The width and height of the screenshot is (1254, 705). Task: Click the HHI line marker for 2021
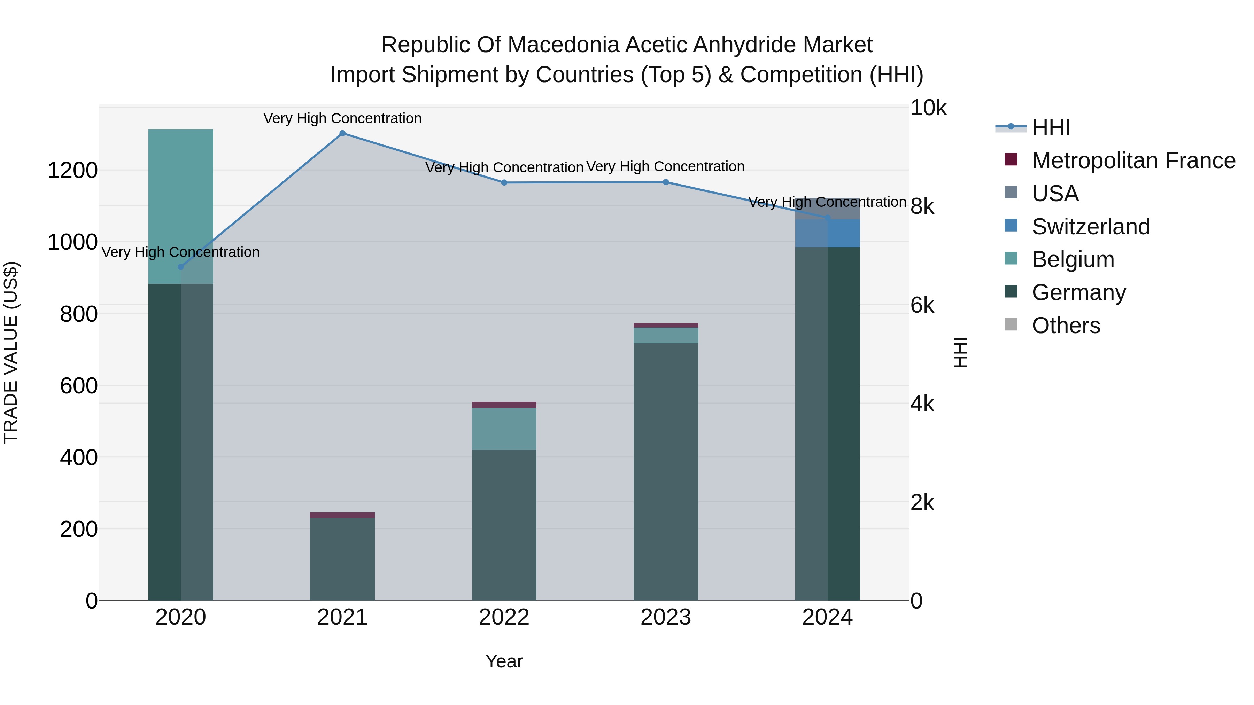pos(342,133)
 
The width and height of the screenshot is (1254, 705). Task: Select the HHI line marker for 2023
pos(665,182)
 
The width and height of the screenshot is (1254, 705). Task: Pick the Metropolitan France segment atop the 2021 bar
pos(342,515)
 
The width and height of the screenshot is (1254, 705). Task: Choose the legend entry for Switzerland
pos(1090,227)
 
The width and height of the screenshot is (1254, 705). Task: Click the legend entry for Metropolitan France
pos(1133,160)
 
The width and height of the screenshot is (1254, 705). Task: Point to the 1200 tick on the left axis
pos(72,171)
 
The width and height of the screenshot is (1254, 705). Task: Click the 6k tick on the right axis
pos(922,306)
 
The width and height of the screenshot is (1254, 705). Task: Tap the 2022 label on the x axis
pos(504,617)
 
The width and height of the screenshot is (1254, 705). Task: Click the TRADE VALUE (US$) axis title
pos(11,352)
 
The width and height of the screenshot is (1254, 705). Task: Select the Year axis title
pos(504,661)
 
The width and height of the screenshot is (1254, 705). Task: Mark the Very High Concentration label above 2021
pos(342,118)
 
